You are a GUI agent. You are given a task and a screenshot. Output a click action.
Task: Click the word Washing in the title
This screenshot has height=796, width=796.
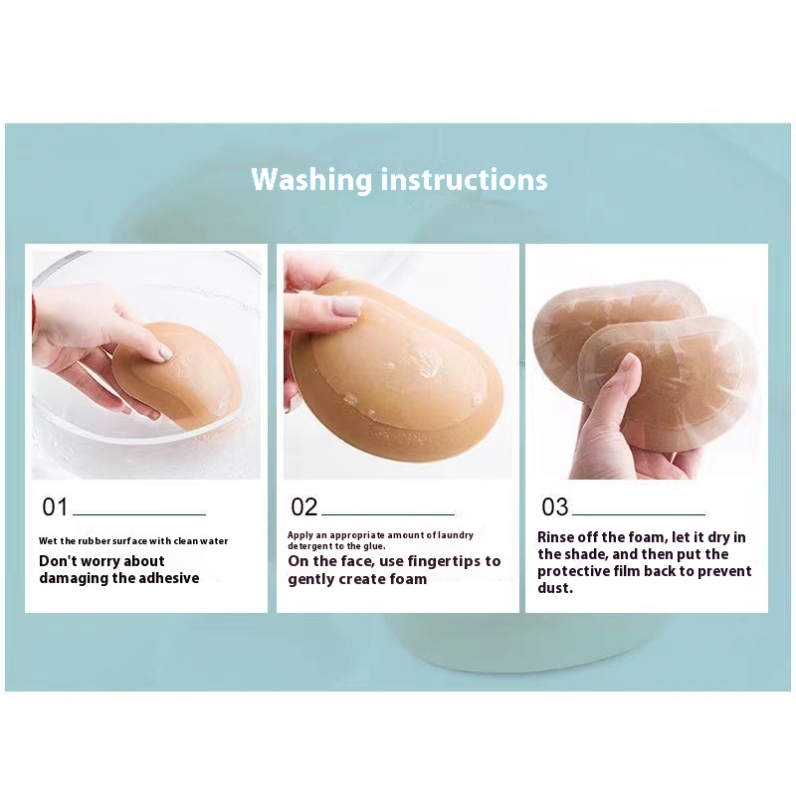[x=311, y=180]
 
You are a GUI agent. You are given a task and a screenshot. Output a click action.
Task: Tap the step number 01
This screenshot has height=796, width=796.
[x=55, y=506]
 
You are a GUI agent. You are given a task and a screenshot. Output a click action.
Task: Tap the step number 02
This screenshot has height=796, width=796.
[x=304, y=506]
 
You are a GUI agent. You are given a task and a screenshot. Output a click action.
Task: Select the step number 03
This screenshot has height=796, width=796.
[x=555, y=506]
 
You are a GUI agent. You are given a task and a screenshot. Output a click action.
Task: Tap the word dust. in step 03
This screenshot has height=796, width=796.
[x=555, y=588]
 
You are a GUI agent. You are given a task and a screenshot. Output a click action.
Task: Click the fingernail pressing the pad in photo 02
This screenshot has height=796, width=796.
[x=347, y=306]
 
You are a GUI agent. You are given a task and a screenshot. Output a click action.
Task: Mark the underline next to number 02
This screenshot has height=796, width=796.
[x=388, y=514]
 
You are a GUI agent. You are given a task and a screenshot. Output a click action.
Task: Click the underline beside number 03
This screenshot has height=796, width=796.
[x=639, y=514]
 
